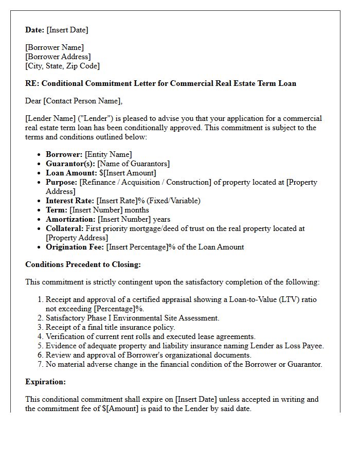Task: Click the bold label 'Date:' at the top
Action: pyautogui.click(x=34, y=30)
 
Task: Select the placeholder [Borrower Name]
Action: pyautogui.click(x=55, y=48)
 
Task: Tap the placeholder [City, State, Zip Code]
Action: pyautogui.click(x=62, y=66)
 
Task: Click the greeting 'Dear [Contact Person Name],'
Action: pyautogui.click(x=74, y=101)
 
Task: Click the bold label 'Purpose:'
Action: pyautogui.click(x=61, y=182)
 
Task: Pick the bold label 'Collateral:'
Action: pyautogui.click(x=64, y=228)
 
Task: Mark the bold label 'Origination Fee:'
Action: pyautogui.click(x=75, y=247)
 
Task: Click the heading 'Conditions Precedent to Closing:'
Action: pyautogui.click(x=83, y=264)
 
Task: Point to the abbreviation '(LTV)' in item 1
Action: pyautogui.click(x=291, y=299)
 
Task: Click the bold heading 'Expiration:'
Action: pyautogui.click(x=45, y=382)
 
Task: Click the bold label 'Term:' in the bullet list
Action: pyautogui.click(x=56, y=210)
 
